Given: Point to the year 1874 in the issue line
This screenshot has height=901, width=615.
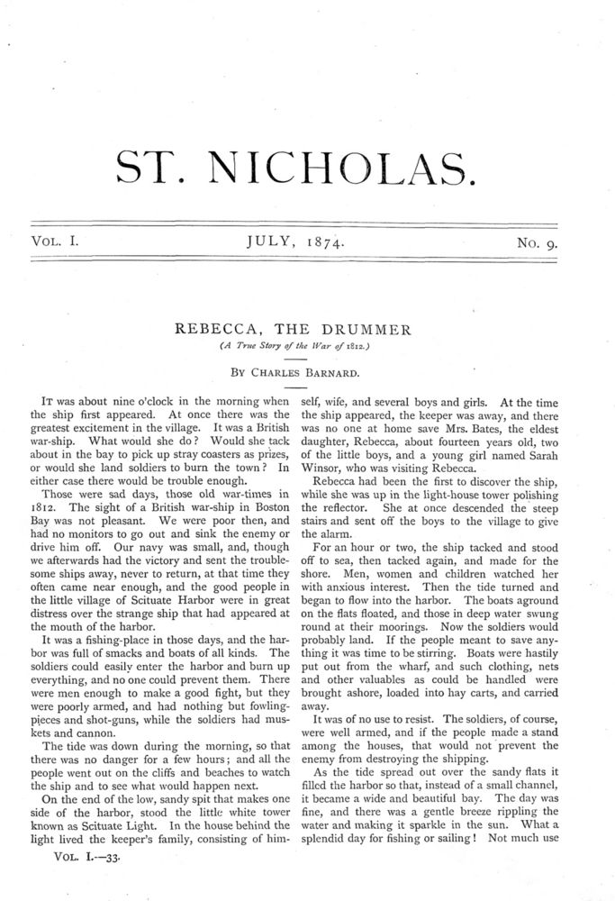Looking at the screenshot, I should [x=324, y=241].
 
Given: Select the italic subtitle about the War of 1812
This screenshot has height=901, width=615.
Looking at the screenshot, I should [x=308, y=346].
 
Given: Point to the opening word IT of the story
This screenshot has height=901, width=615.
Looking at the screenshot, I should [x=51, y=401].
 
